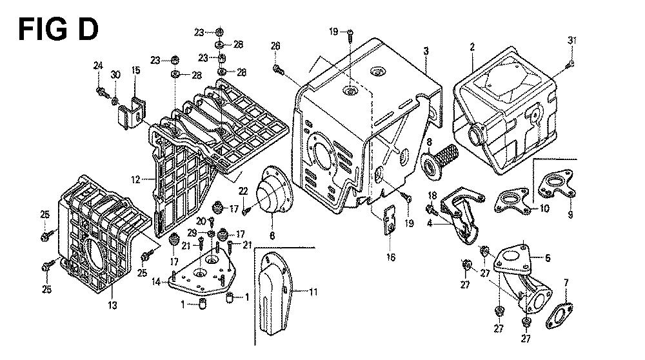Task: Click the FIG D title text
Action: (x=59, y=30)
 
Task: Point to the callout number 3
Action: (x=426, y=50)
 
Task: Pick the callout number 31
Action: (x=571, y=41)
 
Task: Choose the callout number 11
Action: (x=313, y=292)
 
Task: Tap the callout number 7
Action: (x=565, y=282)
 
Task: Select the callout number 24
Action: (x=98, y=65)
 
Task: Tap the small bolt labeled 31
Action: (x=570, y=63)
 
